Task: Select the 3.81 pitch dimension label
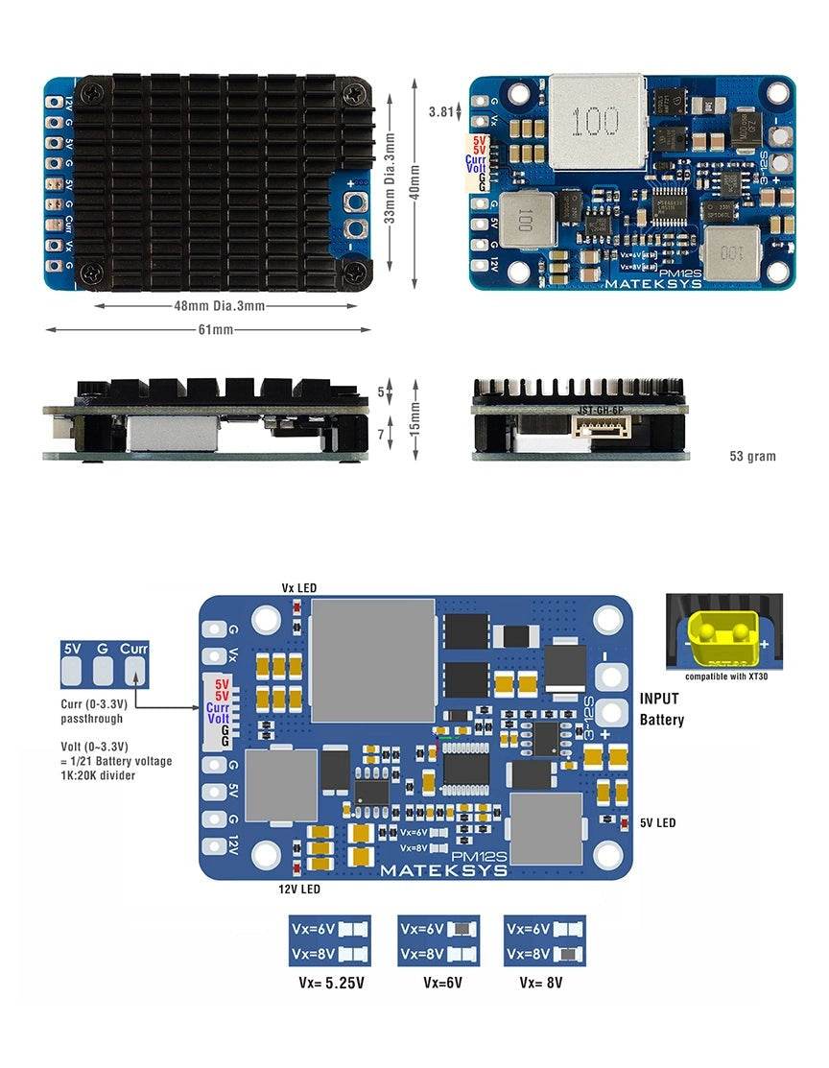coord(440,112)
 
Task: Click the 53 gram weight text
coord(752,456)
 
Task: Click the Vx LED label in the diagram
coord(298,587)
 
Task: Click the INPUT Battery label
coord(661,710)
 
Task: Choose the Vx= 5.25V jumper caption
coord(332,983)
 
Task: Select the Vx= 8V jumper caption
coord(542,983)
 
